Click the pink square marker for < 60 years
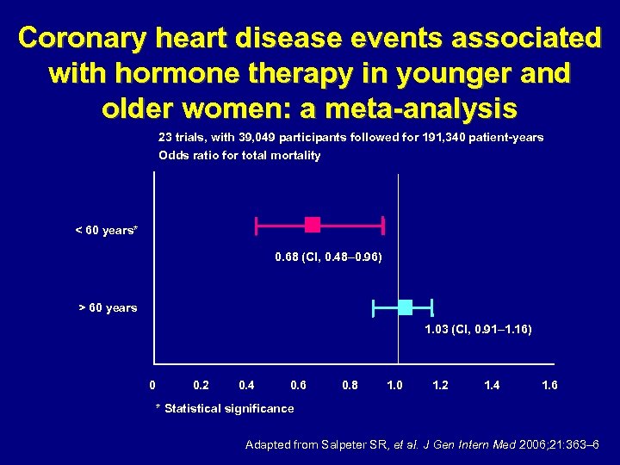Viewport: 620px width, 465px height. (x=313, y=225)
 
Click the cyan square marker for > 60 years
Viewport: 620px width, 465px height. (x=406, y=307)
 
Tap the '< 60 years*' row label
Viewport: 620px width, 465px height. (x=106, y=231)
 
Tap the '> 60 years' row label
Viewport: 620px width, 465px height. (x=108, y=307)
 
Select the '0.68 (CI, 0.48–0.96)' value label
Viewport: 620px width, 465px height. (x=328, y=257)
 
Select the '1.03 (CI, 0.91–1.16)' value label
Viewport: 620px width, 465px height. (x=478, y=330)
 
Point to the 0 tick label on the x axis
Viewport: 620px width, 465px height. (x=152, y=385)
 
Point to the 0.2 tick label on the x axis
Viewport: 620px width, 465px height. (x=201, y=385)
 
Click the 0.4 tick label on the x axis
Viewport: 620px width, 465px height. (x=248, y=385)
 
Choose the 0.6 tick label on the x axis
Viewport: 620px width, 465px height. (x=298, y=385)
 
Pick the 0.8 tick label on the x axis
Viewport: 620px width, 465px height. (x=350, y=385)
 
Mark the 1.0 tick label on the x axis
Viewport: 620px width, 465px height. (x=395, y=385)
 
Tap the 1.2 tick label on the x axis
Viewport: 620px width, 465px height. (x=440, y=385)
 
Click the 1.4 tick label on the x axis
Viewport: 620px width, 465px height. (x=492, y=385)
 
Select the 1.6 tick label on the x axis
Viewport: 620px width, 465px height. (x=549, y=385)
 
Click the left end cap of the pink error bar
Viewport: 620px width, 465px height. (x=256, y=225)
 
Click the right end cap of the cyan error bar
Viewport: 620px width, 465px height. (x=431, y=307)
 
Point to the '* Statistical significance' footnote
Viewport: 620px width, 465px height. (x=224, y=408)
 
